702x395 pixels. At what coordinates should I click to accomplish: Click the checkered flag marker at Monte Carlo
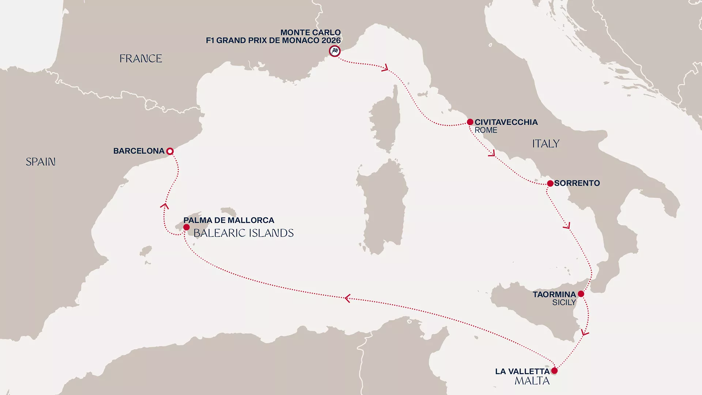coord(335,51)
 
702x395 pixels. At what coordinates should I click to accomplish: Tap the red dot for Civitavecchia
coord(470,122)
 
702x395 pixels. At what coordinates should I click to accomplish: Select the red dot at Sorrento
coord(550,183)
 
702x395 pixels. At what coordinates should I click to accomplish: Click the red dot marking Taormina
coord(581,294)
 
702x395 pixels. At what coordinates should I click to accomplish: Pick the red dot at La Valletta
coord(554,370)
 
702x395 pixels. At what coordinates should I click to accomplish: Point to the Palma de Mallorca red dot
coord(186,227)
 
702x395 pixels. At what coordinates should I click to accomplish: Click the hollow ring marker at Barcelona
coord(170,151)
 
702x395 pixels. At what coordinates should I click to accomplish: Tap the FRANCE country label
coord(141,59)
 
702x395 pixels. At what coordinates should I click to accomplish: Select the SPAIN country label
coord(41,162)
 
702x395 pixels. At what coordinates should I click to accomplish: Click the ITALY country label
coord(546,144)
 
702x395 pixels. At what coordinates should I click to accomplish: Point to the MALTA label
coord(532,381)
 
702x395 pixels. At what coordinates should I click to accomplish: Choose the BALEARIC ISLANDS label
coord(244,233)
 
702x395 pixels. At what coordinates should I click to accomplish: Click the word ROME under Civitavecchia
coord(486,130)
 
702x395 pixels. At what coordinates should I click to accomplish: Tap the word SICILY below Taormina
coord(564,302)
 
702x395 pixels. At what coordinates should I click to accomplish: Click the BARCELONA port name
coord(139,151)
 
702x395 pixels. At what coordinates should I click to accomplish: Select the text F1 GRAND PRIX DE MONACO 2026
coord(273,40)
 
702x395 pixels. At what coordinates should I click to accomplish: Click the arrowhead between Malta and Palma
coord(347,298)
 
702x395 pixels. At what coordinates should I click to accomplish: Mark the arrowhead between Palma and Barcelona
coord(165,206)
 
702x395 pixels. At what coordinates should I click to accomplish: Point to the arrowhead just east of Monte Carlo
coord(385,68)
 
